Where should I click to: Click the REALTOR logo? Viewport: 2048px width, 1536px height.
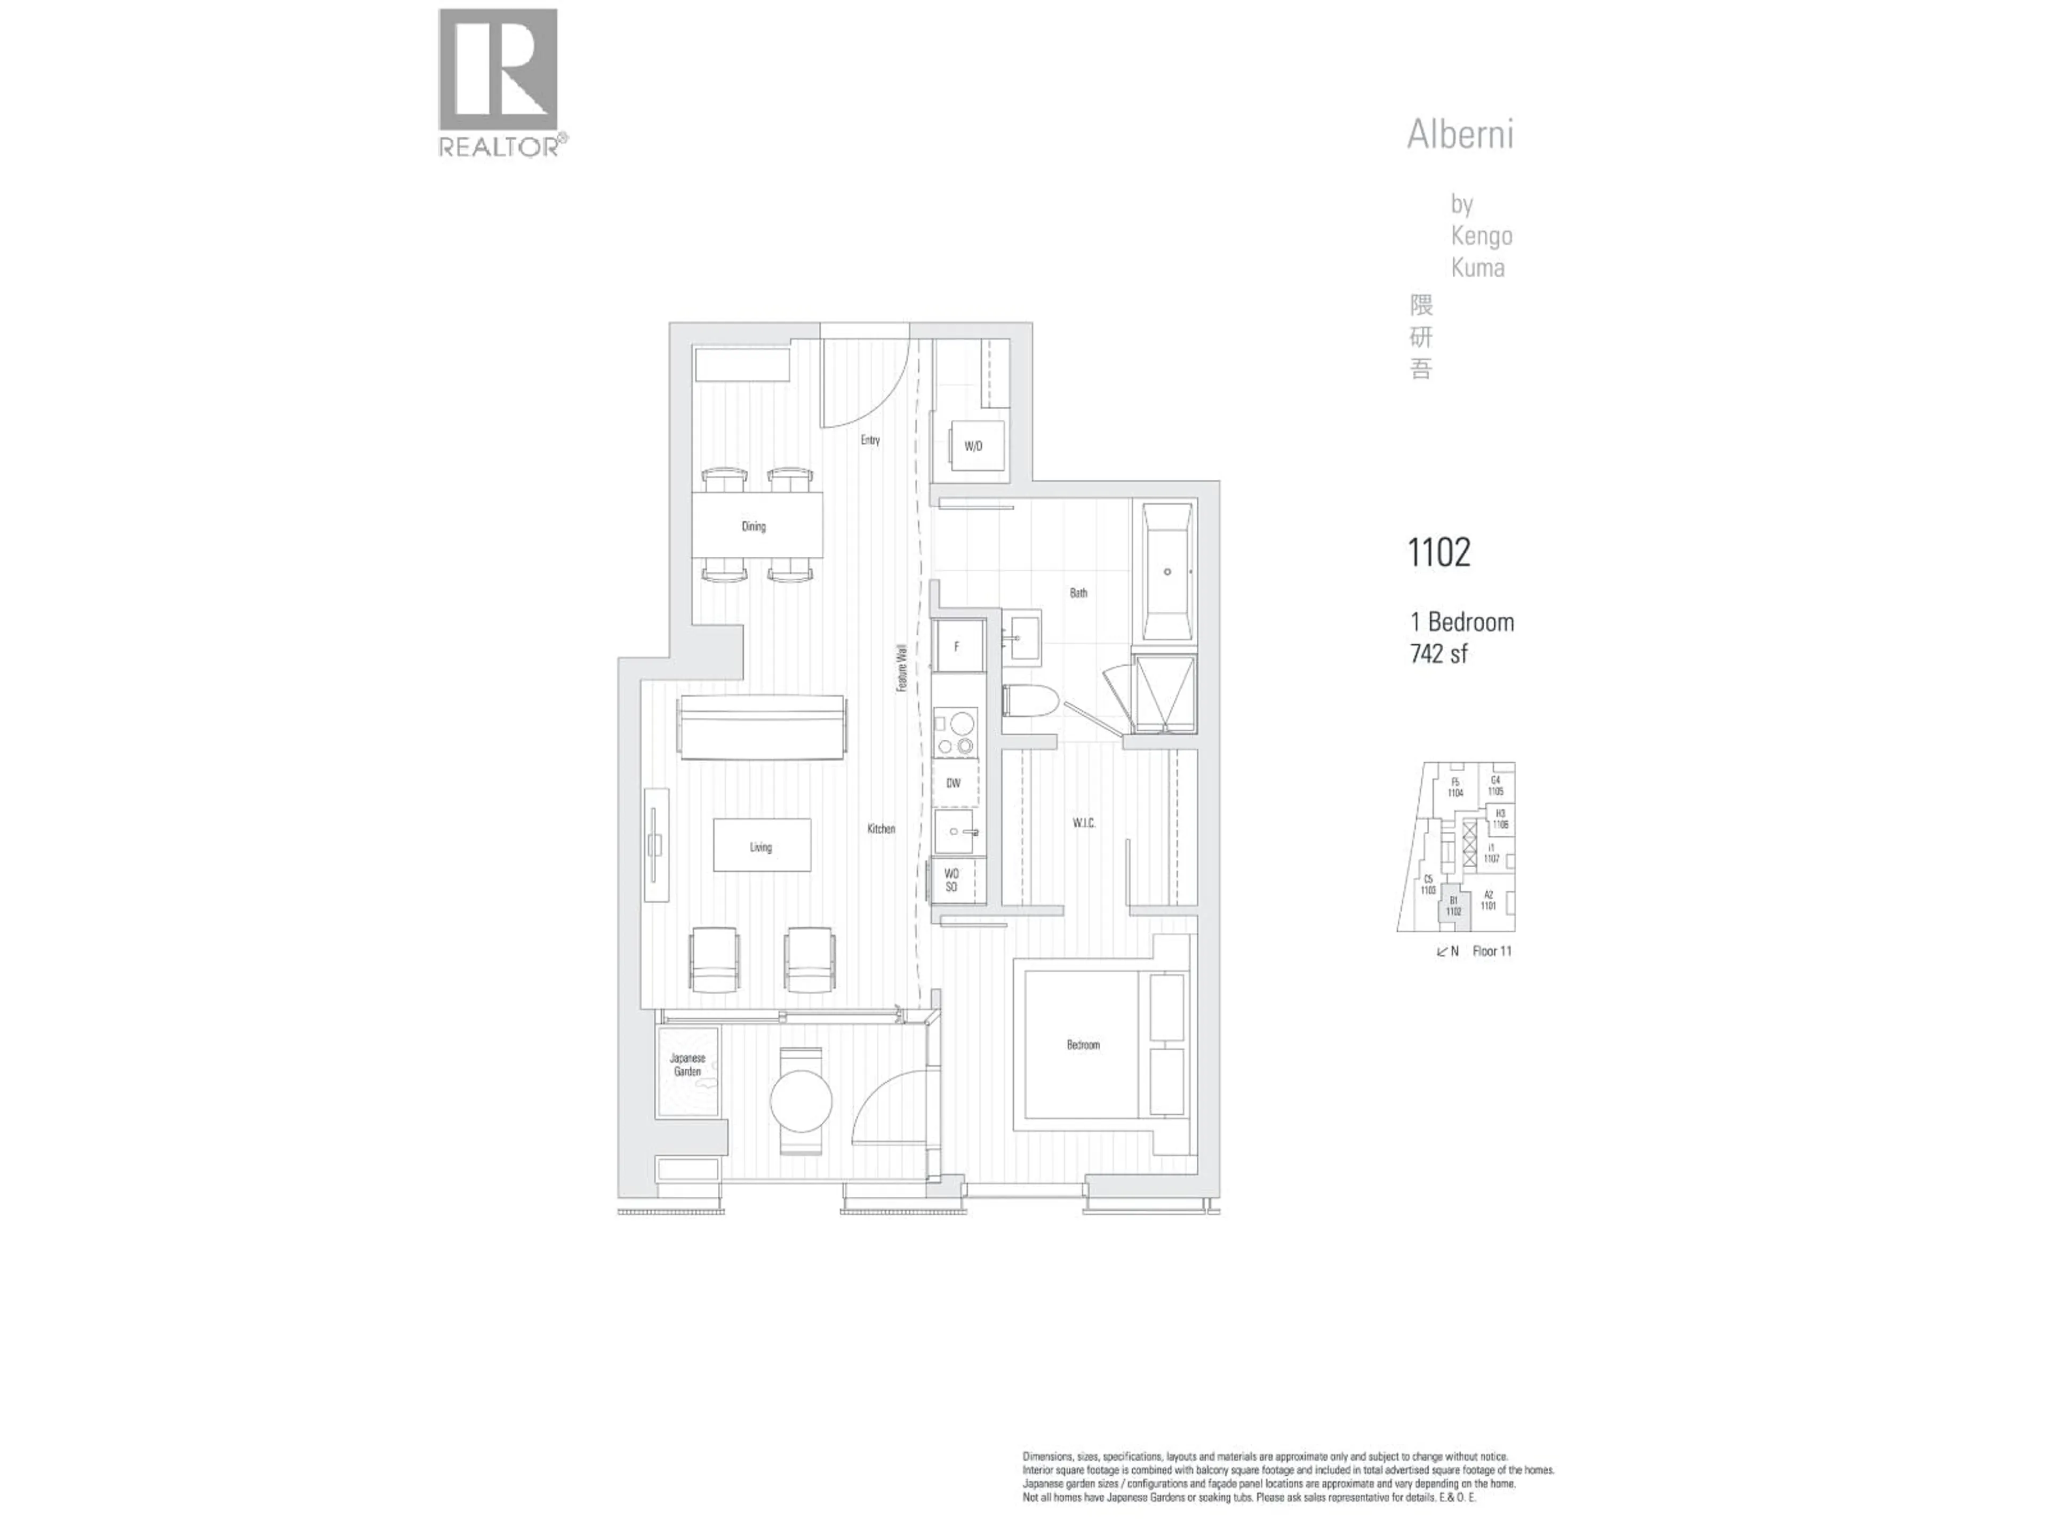point(498,82)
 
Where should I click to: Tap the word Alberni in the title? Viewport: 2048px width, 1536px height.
point(1460,135)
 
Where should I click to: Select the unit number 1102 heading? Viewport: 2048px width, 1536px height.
point(1439,553)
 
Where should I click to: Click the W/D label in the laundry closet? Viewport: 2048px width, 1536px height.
point(973,446)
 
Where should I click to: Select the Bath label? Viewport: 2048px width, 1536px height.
point(1078,593)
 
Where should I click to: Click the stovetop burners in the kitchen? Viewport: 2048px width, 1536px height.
point(956,731)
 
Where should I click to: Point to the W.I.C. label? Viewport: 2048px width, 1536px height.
point(1084,823)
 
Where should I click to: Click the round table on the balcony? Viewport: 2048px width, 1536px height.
point(801,1101)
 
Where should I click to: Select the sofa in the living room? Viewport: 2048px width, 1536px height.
point(763,729)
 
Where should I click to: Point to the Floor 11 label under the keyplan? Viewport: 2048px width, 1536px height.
point(1492,951)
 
